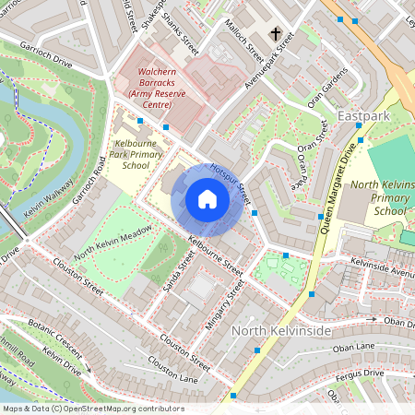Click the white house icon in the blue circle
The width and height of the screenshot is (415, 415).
click(x=207, y=198)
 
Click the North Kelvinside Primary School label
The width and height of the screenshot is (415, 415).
click(x=379, y=197)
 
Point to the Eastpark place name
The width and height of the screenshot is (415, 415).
click(x=365, y=117)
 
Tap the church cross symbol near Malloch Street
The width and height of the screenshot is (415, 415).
click(x=274, y=34)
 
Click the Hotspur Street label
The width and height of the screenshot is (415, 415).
click(x=231, y=183)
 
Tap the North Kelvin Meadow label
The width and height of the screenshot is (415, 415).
click(x=113, y=243)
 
